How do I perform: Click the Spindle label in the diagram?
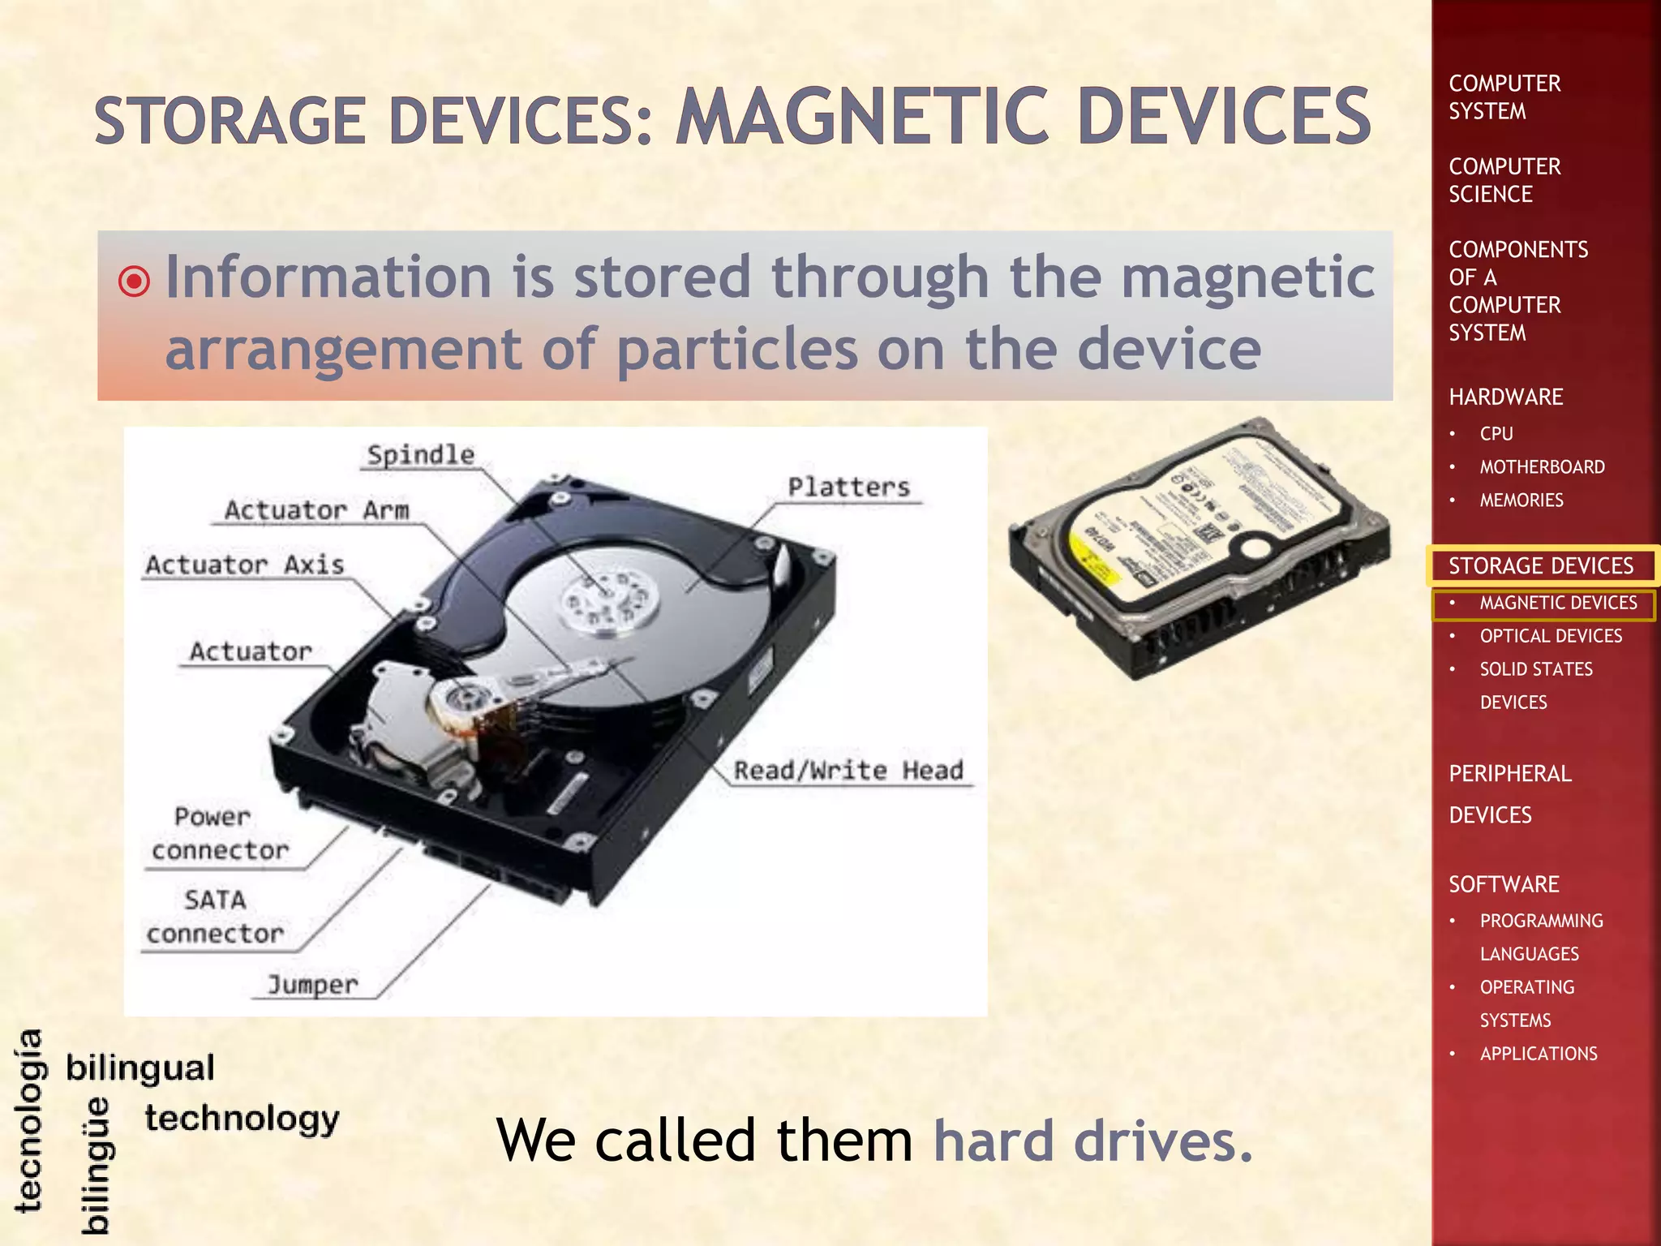tap(420, 455)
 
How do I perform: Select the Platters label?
tap(848, 487)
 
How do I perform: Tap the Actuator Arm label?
tap(316, 510)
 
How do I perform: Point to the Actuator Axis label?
tap(244, 565)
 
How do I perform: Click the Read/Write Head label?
tap(848, 770)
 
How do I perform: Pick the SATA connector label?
tap(215, 917)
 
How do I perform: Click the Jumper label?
tap(312, 985)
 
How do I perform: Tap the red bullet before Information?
tap(134, 281)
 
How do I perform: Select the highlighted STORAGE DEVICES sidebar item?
tap(1540, 565)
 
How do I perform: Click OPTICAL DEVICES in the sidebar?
tap(1550, 636)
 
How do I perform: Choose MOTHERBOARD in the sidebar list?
tap(1542, 467)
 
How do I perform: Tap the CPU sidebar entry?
tap(1496, 434)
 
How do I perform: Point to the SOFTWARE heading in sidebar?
tap(1504, 884)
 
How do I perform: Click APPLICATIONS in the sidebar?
tap(1538, 1054)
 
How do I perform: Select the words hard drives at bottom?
tap(1092, 1141)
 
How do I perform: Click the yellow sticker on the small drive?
tap(1095, 554)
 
